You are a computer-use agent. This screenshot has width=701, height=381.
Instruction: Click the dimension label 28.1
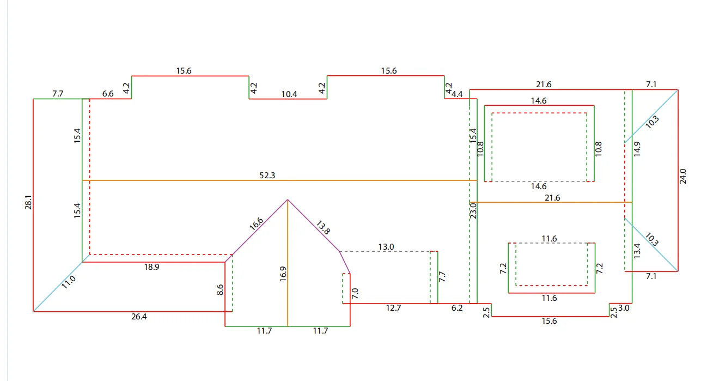pyautogui.click(x=28, y=202)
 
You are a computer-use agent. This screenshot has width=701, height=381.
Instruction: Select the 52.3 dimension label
pyautogui.click(x=267, y=176)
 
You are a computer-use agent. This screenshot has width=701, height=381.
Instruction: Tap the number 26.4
pyautogui.click(x=139, y=317)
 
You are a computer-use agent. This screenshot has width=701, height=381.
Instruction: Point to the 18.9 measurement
pyautogui.click(x=151, y=267)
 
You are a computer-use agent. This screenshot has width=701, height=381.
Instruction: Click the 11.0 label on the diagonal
pyautogui.click(x=68, y=282)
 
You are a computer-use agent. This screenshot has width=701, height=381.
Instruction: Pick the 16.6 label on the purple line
pyautogui.click(x=256, y=224)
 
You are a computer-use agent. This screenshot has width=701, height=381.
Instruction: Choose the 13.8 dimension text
pyautogui.click(x=323, y=228)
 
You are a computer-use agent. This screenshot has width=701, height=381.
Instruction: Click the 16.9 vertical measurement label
pyautogui.click(x=283, y=274)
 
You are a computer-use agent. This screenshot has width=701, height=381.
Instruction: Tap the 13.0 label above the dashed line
pyautogui.click(x=386, y=247)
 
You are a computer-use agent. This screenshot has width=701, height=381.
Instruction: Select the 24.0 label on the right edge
pyautogui.click(x=683, y=176)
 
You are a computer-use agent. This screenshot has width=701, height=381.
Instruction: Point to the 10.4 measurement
pyautogui.click(x=289, y=94)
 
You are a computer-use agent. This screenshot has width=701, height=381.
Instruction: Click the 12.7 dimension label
pyautogui.click(x=393, y=308)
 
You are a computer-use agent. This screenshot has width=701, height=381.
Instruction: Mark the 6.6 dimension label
pyautogui.click(x=108, y=94)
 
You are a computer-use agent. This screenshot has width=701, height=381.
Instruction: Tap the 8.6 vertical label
pyautogui.click(x=220, y=289)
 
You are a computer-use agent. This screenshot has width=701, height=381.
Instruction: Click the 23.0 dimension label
pyautogui.click(x=473, y=211)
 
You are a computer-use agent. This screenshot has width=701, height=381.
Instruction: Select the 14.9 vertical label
pyautogui.click(x=637, y=149)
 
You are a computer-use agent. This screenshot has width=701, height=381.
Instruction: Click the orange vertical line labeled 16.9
pyautogui.click(x=288, y=263)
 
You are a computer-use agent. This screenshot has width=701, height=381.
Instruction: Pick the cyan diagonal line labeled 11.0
pyautogui.click(x=58, y=287)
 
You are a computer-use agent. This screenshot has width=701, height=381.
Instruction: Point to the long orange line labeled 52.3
pyautogui.click(x=279, y=180)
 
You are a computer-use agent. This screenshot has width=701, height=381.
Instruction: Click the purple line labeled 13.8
pyautogui.click(x=314, y=226)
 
